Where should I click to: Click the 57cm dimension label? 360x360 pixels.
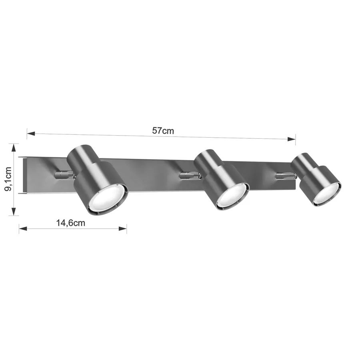tap(163, 131)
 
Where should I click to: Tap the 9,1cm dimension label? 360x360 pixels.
tap(8, 179)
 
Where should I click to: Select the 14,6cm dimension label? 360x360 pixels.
tap(71, 223)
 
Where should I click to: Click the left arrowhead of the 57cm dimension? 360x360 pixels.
tap(31, 133)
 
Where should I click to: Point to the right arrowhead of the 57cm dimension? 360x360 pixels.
tap(291, 139)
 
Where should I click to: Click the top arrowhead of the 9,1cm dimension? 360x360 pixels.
tap(14, 148)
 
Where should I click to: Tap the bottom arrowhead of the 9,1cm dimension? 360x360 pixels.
tap(14, 212)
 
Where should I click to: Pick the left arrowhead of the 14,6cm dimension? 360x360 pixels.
tap(23, 228)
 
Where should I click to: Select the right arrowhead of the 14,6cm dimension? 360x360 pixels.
tap(123, 228)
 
